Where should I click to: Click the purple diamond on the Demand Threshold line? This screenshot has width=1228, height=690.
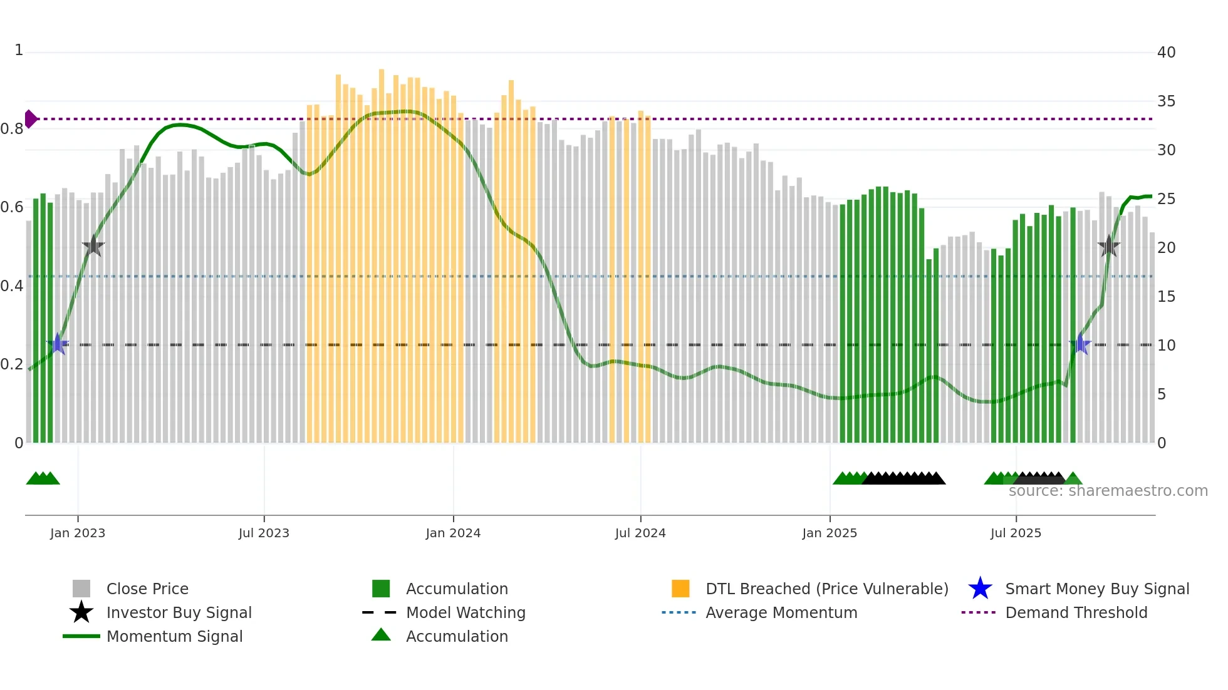[x=31, y=119]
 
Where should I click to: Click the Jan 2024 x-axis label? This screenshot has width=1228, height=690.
[x=453, y=533]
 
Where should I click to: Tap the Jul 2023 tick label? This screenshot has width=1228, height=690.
[x=264, y=533]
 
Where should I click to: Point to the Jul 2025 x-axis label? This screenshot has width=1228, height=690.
[x=1016, y=533]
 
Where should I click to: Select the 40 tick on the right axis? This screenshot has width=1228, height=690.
[x=1166, y=53]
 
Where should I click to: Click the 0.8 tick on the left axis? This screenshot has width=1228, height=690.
[x=12, y=129]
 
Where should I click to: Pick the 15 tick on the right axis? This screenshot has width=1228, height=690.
[x=1166, y=297]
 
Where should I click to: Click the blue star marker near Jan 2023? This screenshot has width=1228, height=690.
[x=58, y=344]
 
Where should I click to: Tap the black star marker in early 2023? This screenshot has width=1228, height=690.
[x=93, y=246]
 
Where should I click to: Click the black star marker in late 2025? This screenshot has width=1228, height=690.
[x=1109, y=246]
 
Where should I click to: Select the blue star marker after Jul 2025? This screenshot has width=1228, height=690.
[x=1080, y=344]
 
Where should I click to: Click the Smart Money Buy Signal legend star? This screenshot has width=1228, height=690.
[x=980, y=589]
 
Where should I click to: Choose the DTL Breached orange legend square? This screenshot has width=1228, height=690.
[x=680, y=589]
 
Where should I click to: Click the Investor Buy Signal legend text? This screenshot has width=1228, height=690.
[x=179, y=612]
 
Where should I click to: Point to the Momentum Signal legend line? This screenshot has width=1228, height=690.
[x=81, y=636]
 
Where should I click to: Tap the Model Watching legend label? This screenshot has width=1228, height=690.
[x=466, y=612]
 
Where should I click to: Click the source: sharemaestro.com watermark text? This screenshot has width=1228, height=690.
[x=1108, y=491]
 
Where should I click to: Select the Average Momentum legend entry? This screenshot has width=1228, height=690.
[x=781, y=612]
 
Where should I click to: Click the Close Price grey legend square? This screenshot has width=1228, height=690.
[x=81, y=589]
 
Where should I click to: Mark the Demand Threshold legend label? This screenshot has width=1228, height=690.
[x=1076, y=612]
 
